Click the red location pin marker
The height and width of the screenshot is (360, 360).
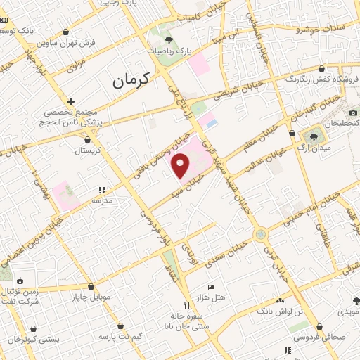[x=181, y=166]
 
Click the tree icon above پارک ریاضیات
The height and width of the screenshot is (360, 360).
[x=168, y=39]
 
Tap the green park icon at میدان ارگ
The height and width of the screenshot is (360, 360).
[x=312, y=135]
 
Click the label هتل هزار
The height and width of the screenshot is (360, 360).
[x=211, y=297]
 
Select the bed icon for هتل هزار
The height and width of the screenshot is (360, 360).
[x=211, y=286]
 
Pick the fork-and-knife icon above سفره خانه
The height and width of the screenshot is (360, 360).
[x=186, y=305]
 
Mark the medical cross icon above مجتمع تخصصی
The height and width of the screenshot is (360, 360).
[x=70, y=101]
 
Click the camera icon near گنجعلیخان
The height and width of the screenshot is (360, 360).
[x=353, y=112]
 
